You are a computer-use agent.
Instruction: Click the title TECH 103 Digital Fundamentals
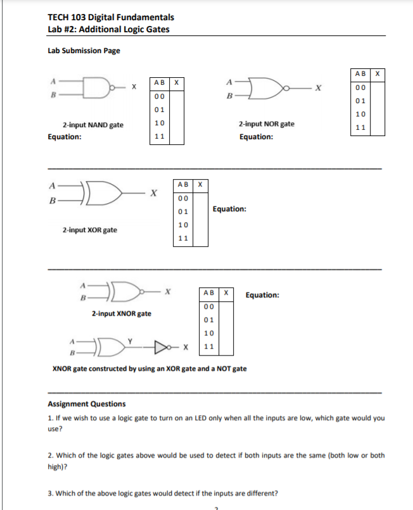point(111,17)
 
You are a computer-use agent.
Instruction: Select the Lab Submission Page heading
point(84,51)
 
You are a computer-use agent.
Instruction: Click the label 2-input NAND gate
point(92,125)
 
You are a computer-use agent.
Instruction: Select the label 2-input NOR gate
point(266,124)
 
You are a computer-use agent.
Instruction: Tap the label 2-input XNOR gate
point(121,313)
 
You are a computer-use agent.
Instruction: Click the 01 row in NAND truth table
point(160,109)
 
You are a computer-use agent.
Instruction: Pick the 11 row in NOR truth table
point(360,127)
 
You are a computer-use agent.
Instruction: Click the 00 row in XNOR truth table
point(209,307)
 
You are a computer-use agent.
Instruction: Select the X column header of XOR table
point(200,185)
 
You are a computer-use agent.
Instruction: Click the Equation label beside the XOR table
point(230,208)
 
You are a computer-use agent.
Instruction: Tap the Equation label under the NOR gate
point(256,137)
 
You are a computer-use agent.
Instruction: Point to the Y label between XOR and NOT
point(130,340)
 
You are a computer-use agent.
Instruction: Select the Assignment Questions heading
point(87,404)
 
